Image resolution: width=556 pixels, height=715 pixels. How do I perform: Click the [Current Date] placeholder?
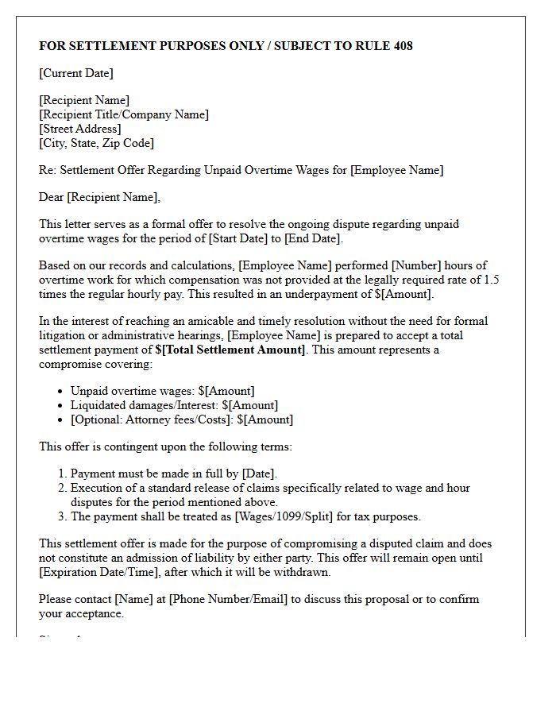coord(76,73)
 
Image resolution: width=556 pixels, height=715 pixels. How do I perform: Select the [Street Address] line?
coord(80,129)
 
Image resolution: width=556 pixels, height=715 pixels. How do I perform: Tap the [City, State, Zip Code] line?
coord(96,143)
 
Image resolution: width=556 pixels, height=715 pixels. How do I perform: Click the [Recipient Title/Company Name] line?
coord(124,114)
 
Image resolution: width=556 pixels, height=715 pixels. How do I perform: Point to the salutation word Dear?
coord(52,197)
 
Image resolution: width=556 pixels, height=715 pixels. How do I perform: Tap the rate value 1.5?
coord(492,280)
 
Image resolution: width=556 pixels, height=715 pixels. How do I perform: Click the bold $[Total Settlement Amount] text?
coord(230,350)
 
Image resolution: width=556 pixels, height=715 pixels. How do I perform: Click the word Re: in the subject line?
coord(48,170)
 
